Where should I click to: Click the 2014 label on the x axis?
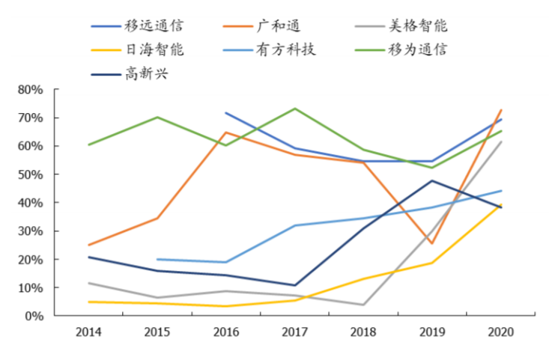[x=89, y=332]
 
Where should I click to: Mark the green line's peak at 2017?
[x=295, y=109]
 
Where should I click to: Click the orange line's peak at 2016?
[x=226, y=132]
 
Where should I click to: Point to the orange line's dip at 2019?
[x=432, y=243]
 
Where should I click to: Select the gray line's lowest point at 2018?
[x=363, y=305]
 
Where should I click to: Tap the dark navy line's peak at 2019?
[x=432, y=180]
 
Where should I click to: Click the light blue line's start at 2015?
[x=157, y=259]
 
